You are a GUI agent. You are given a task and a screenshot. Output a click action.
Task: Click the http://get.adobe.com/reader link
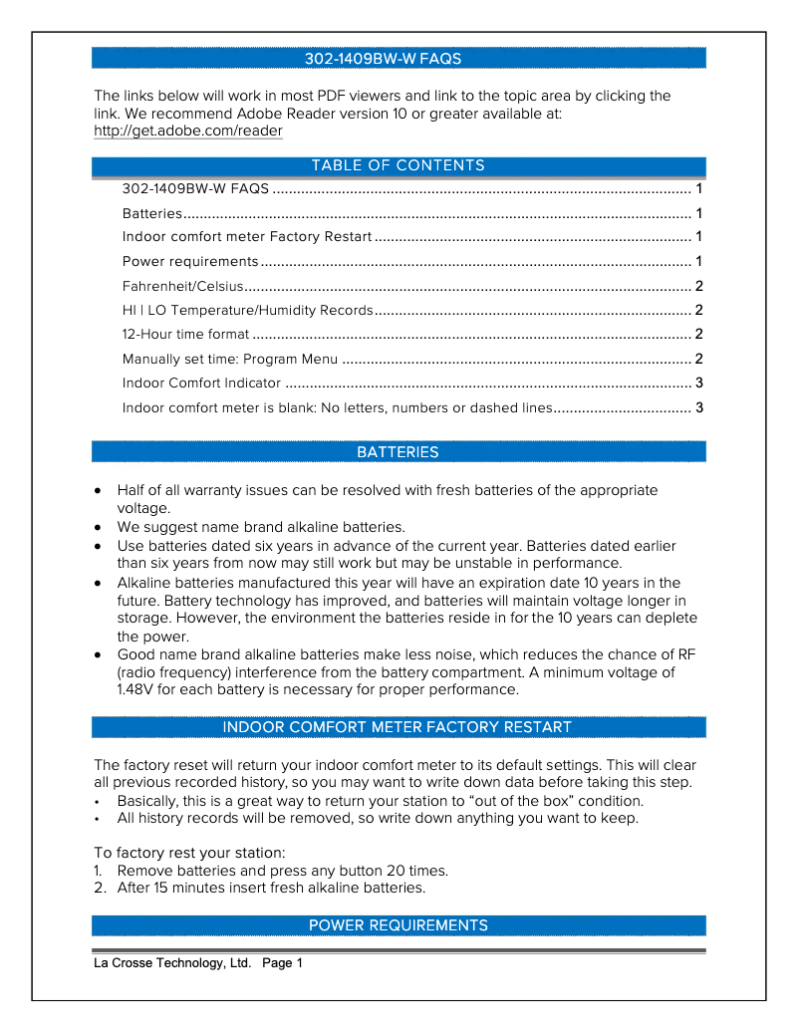tap(188, 131)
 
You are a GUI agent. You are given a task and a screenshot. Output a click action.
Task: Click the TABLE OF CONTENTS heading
tap(398, 165)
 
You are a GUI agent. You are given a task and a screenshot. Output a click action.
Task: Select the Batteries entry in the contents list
tap(152, 213)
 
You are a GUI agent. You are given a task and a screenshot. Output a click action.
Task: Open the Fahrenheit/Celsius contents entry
tap(183, 286)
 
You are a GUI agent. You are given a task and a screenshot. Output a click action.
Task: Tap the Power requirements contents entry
tap(190, 261)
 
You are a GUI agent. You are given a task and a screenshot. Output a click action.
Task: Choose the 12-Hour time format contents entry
tap(185, 334)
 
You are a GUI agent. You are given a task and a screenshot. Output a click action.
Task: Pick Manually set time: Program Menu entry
tap(230, 359)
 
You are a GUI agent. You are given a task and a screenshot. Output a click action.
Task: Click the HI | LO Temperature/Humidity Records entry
tap(247, 310)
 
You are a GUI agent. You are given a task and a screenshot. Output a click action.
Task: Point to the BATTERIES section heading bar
tap(398, 452)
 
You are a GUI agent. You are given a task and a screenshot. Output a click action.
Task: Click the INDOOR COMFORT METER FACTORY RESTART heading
tap(398, 727)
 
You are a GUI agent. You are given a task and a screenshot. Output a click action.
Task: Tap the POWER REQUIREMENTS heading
tap(398, 925)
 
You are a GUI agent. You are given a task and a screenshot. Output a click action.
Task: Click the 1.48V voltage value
tap(133, 689)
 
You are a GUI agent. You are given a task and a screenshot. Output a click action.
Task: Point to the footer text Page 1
tap(282, 963)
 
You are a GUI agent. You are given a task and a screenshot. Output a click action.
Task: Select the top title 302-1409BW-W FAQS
tap(383, 59)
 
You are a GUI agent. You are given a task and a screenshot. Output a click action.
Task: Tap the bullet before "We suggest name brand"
tap(97, 527)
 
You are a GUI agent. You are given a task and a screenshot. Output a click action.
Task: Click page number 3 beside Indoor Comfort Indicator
tap(699, 383)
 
